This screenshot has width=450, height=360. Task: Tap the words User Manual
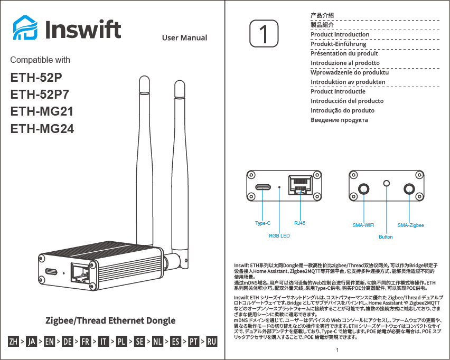[x=184, y=37]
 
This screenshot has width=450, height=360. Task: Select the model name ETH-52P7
[x=40, y=94]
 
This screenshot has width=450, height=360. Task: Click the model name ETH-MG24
[x=42, y=128]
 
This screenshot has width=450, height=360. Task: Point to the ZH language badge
[x=14, y=342]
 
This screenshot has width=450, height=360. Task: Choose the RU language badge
[x=212, y=342]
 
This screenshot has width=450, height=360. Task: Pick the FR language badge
[x=85, y=342]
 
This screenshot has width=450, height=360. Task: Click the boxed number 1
[x=263, y=34]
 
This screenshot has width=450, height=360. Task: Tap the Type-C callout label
[x=262, y=223]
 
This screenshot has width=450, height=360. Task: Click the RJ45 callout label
[x=299, y=223]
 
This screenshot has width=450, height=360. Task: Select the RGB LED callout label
[x=279, y=235]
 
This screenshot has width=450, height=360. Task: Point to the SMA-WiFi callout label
[x=363, y=225]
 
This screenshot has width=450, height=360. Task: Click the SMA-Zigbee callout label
[x=410, y=225]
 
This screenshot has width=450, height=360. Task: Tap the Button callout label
[x=386, y=237]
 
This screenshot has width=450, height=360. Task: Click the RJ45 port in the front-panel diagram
[x=299, y=186]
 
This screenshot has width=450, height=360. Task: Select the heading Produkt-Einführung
[x=338, y=44]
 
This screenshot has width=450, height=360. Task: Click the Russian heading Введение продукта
[x=339, y=120]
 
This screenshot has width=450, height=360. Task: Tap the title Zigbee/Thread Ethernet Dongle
[x=110, y=320]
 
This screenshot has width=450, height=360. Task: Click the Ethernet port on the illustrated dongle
[x=80, y=271]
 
